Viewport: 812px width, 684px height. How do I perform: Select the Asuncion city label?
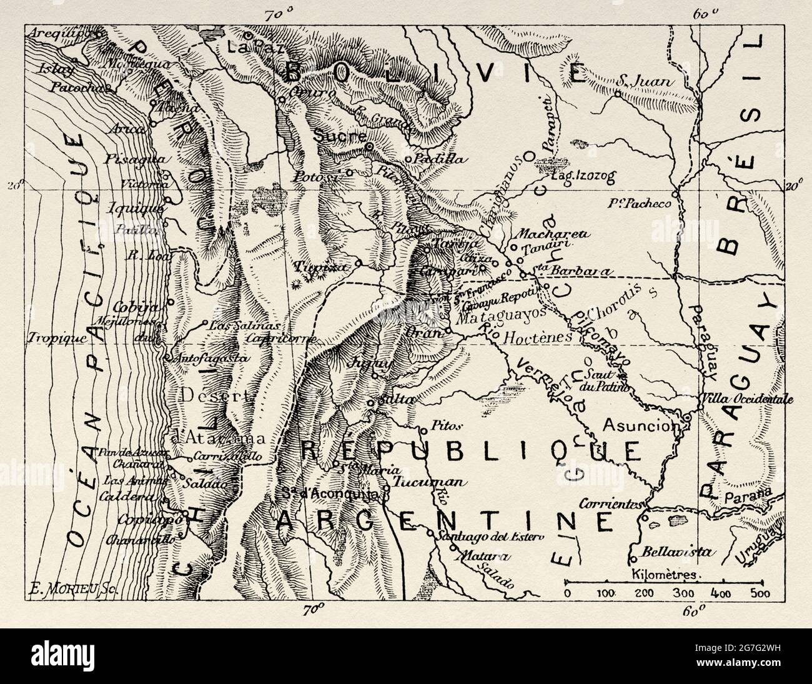(x=641, y=425)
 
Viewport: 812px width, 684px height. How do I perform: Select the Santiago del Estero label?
(x=491, y=536)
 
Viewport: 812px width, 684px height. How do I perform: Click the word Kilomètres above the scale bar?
(x=667, y=573)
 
